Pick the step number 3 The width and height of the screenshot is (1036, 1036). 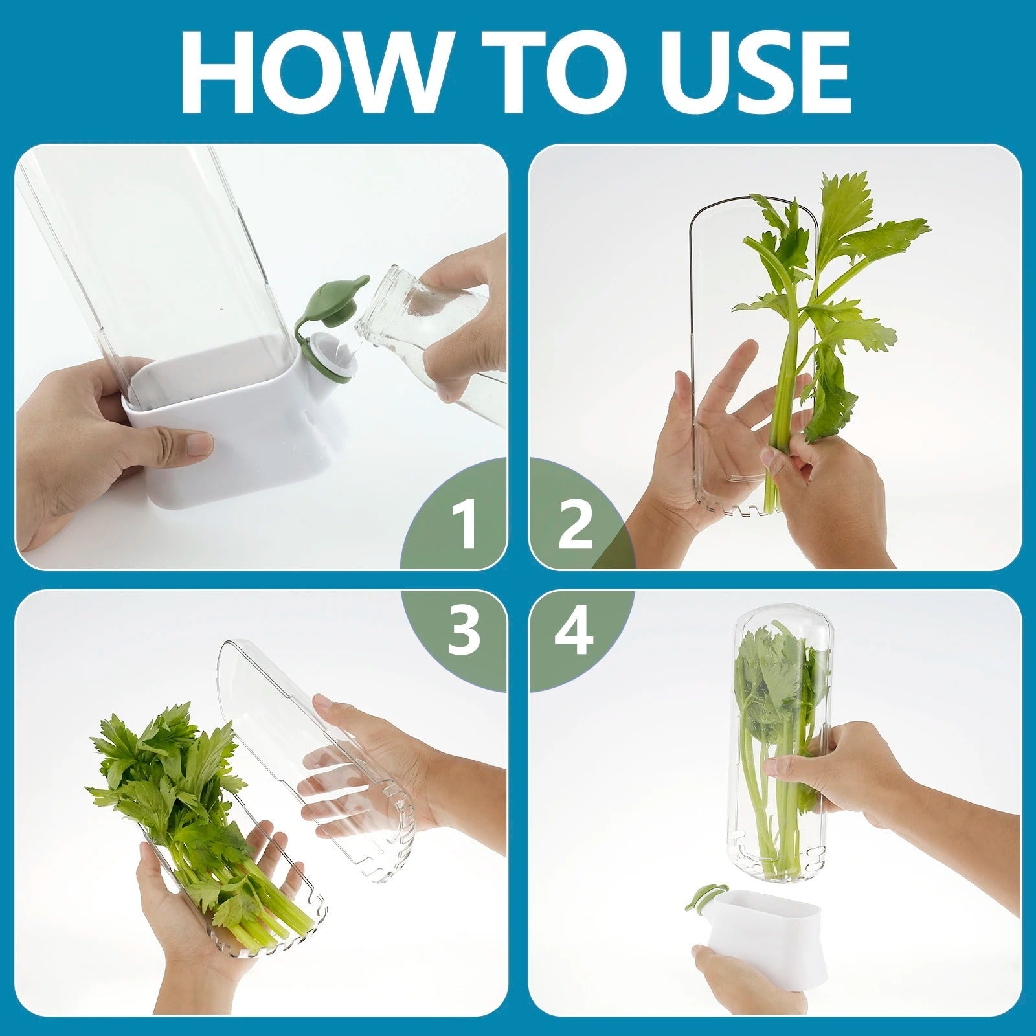[464, 631]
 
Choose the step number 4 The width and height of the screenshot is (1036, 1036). [574, 631]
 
